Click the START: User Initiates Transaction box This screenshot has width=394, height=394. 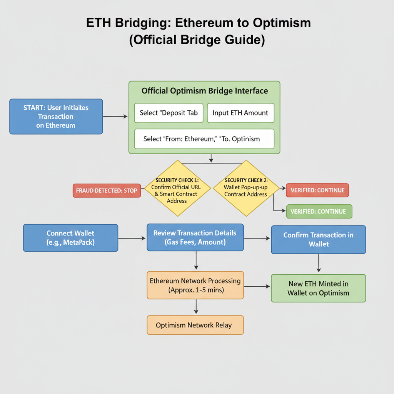pos(56,117)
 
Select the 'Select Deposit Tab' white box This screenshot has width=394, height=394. pos(169,113)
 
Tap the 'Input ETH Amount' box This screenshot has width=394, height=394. pos(240,113)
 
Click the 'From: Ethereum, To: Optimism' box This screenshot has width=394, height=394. pos(204,139)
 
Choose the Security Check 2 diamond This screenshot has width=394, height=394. pos(246,189)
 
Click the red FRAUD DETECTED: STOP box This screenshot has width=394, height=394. pos(107,190)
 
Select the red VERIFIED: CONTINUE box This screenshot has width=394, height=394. pos(318,190)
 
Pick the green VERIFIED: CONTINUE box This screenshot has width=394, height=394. pos(319,211)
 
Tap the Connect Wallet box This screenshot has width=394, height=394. pos(70,238)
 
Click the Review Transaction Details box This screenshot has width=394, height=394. pos(195,237)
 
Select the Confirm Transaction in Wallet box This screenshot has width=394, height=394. pos(318,239)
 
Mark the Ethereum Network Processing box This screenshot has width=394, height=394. pos(195,285)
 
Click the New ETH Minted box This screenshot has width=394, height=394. pos(318,288)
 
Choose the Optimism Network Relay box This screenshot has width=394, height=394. pos(195,325)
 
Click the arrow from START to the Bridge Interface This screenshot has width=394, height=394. pos(115,116)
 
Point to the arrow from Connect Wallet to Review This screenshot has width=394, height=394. pos(132,239)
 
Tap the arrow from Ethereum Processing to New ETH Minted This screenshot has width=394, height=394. pos(257,287)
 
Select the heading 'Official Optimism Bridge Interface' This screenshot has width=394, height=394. pos(205,91)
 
